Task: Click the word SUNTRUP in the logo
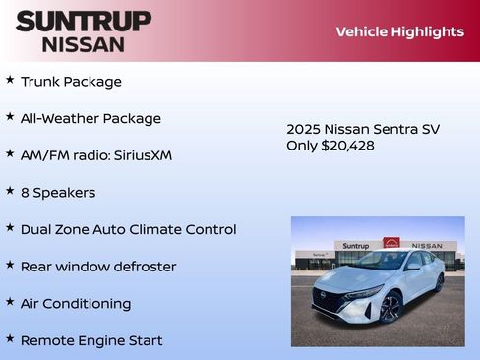pos(84,21)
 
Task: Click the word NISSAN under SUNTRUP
pos(84,43)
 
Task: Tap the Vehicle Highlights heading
pos(399,31)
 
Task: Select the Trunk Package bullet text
pos(71,82)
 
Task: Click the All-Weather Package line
pos(90,118)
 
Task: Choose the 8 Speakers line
pos(58,193)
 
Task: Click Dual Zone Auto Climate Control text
pos(128,229)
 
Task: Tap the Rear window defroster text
pos(98,267)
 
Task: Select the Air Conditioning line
pos(76,304)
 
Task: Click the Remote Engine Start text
pos(91,340)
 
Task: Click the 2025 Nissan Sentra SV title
pos(363,129)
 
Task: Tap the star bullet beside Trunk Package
pos(10,80)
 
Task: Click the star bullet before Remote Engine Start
pos(10,338)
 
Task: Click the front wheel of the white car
pos(391,308)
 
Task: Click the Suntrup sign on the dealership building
pos(356,246)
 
